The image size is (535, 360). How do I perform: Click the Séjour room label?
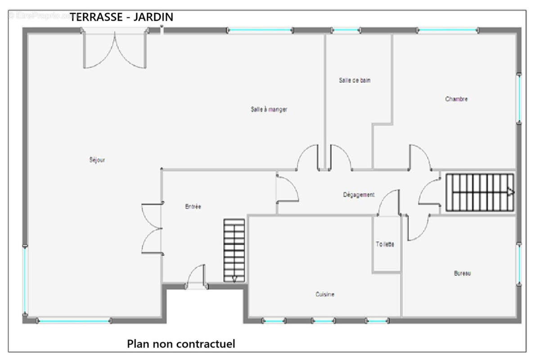tap(97, 160)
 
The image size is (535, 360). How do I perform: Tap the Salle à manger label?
tap(269, 109)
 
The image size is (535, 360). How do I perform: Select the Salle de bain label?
tap(355, 81)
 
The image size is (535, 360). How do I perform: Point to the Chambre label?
tap(456, 99)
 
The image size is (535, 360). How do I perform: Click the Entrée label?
tap(193, 207)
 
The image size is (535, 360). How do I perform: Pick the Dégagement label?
tap(359, 195)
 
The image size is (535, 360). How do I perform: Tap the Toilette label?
tap(385, 244)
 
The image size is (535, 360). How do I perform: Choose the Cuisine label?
tap(324, 294)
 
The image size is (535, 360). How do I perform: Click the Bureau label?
tap(462, 273)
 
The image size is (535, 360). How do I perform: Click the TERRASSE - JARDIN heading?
tap(121, 17)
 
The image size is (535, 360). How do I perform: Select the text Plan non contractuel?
tap(181, 344)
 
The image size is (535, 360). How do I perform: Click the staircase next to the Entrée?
tap(234, 251)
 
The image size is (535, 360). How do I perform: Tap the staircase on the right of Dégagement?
tap(480, 192)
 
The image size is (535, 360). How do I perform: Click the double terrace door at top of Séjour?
tap(115, 49)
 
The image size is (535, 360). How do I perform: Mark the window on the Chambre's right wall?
tap(519, 98)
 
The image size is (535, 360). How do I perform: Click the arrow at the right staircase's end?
tap(510, 192)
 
